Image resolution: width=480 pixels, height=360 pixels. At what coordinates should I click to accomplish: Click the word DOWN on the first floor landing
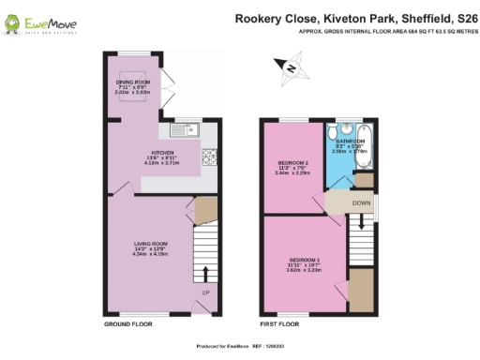pyautogui.click(x=361, y=202)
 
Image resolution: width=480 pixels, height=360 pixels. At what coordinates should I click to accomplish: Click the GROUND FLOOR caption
pyautogui.click(x=127, y=323)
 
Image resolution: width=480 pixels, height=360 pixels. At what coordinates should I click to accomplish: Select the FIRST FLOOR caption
pyautogui.click(x=279, y=323)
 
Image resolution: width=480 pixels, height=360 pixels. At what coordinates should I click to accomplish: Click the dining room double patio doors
pyautogui.click(x=165, y=86)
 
